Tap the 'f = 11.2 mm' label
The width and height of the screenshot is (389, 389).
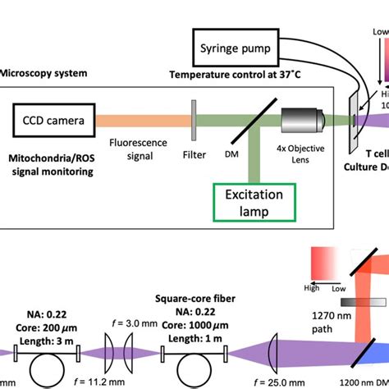pos(120,382)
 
